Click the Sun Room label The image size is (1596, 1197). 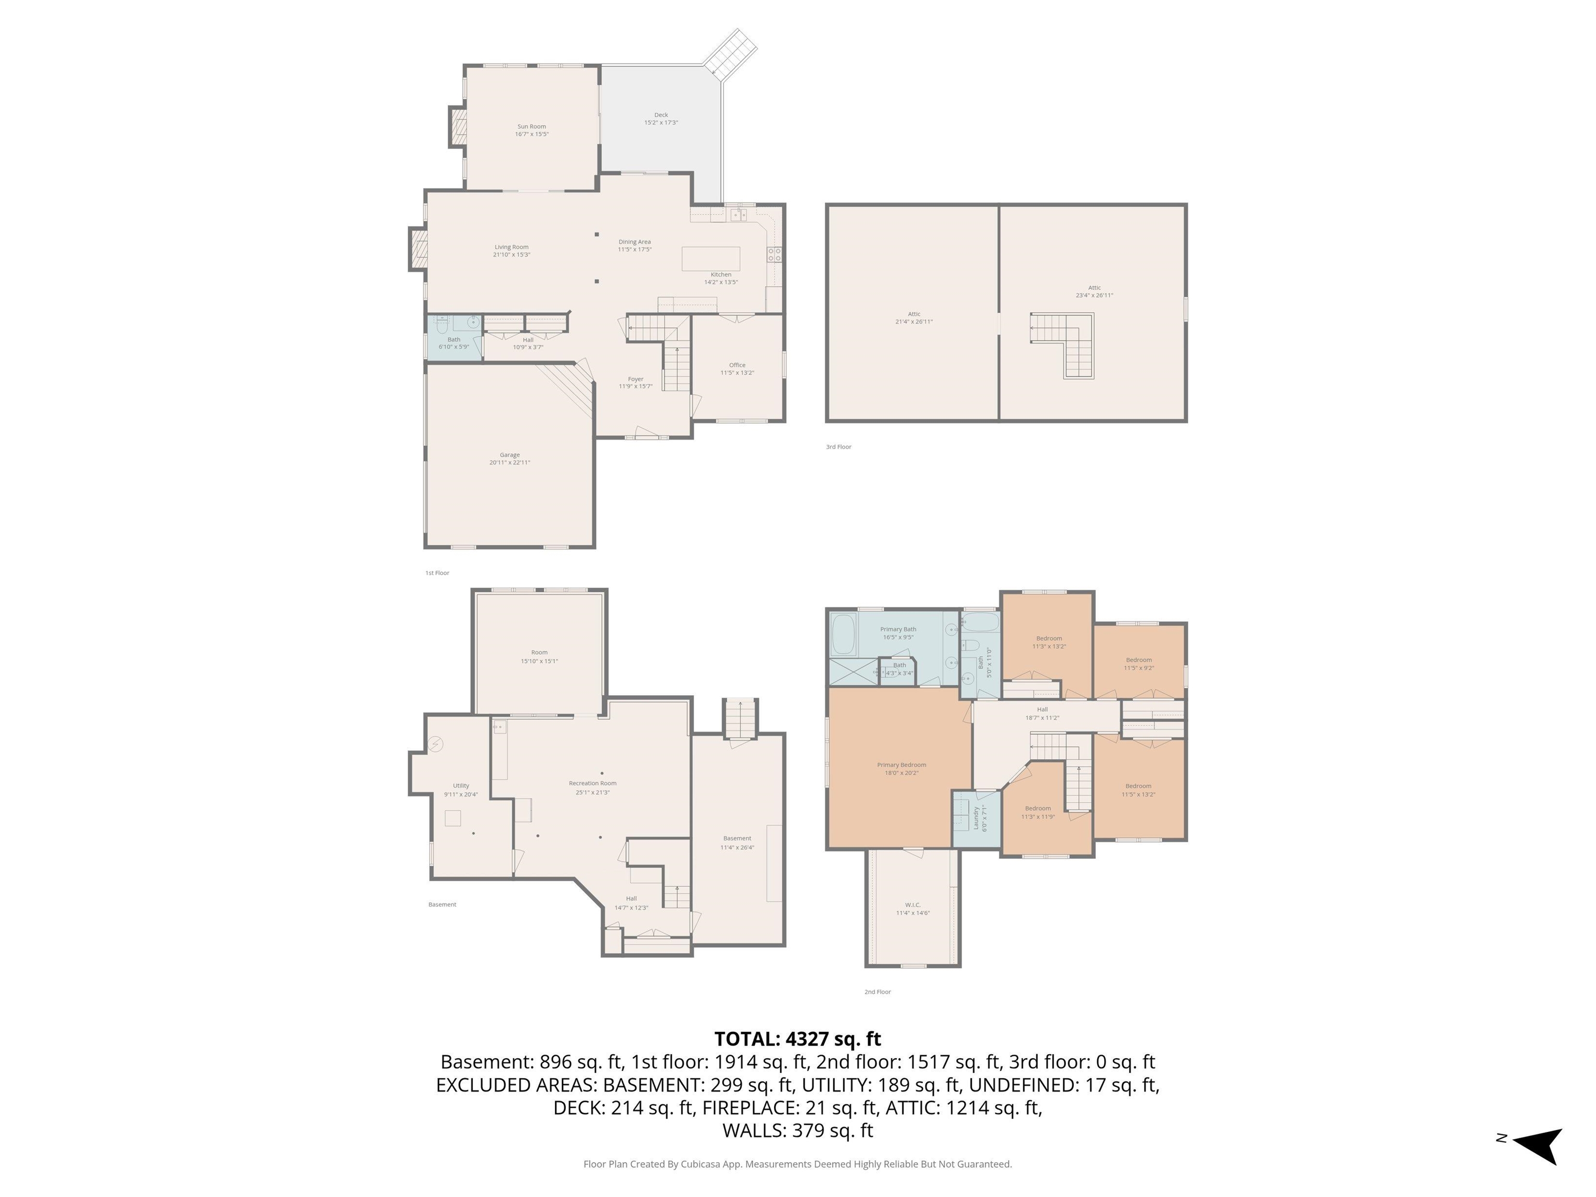[x=532, y=130]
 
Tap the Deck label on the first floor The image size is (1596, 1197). [x=661, y=118]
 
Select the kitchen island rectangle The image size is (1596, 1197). [x=711, y=258]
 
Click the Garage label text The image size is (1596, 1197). [x=509, y=458]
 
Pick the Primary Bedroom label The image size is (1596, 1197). [x=901, y=768]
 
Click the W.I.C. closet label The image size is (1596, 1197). [x=913, y=908]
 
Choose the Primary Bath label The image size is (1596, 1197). [x=898, y=633]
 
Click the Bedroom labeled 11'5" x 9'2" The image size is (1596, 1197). [x=1139, y=664]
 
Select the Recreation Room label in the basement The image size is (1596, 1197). [x=592, y=787]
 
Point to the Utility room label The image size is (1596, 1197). [x=461, y=789]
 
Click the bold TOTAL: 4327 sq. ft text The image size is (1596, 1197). [x=797, y=1039]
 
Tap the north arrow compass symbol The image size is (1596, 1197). [x=1538, y=1145]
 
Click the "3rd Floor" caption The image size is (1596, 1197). [x=839, y=447]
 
